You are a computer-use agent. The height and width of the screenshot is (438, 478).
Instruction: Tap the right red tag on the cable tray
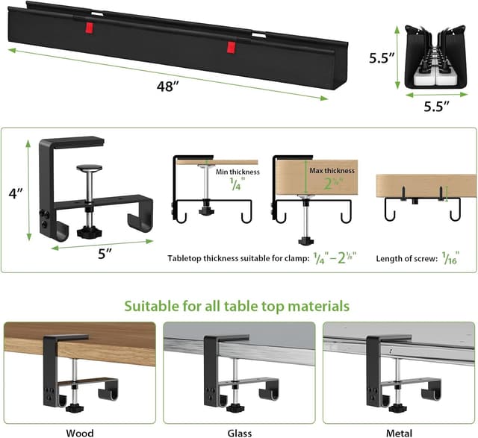232,48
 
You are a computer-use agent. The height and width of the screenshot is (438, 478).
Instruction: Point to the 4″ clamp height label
15,193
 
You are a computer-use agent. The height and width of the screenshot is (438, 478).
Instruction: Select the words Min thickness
238,172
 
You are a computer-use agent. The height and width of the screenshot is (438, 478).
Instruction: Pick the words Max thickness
332,171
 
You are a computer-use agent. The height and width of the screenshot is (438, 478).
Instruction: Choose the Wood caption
80,431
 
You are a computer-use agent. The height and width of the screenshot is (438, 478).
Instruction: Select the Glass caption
239,431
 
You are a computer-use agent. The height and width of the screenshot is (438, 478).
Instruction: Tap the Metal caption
399,431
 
